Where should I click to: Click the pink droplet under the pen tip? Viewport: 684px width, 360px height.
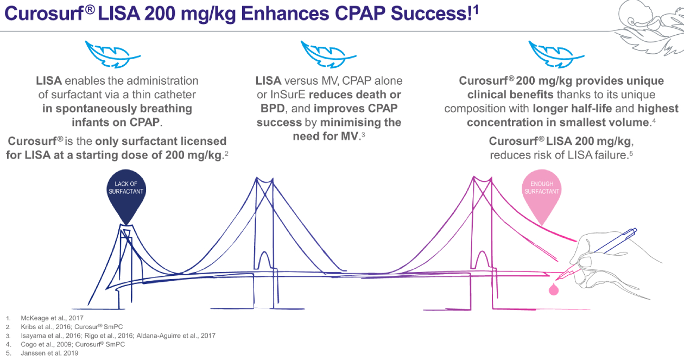point(554,289)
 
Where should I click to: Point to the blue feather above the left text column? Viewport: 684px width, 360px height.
point(112,54)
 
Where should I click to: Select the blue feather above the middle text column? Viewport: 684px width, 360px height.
point(328,54)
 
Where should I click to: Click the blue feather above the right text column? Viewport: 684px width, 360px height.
point(556,54)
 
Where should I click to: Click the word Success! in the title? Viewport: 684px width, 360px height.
point(432,14)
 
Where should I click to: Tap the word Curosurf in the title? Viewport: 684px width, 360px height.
point(44,14)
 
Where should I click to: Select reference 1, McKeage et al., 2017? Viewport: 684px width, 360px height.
point(52,318)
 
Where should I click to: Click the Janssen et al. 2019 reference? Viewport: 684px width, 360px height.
point(49,353)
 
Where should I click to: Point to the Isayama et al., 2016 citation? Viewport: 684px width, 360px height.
point(51,336)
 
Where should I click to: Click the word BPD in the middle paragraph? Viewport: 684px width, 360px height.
point(273,109)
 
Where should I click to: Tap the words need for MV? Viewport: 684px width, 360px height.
point(325,136)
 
